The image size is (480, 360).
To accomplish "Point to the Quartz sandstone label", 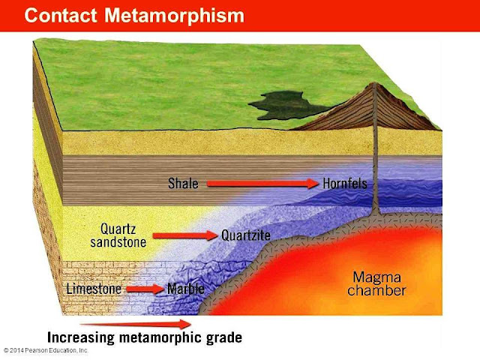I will pos(123,235).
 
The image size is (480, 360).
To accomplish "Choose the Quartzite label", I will pos(246,235).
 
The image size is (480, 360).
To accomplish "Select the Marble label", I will pos(185,289).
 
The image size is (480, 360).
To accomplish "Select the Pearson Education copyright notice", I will pos(46,350).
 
